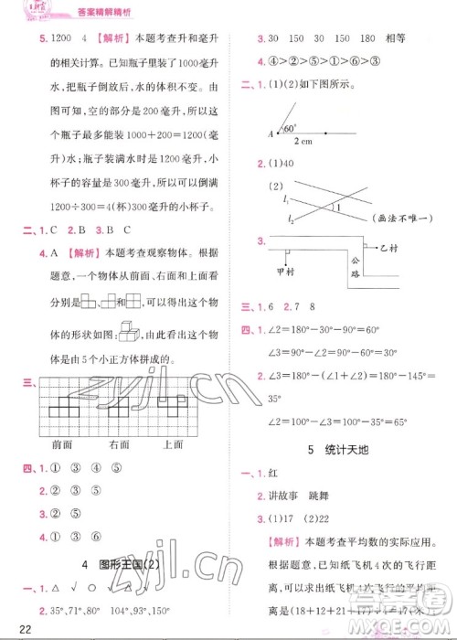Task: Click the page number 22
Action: click(12, 627)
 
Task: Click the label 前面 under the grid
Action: click(63, 444)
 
